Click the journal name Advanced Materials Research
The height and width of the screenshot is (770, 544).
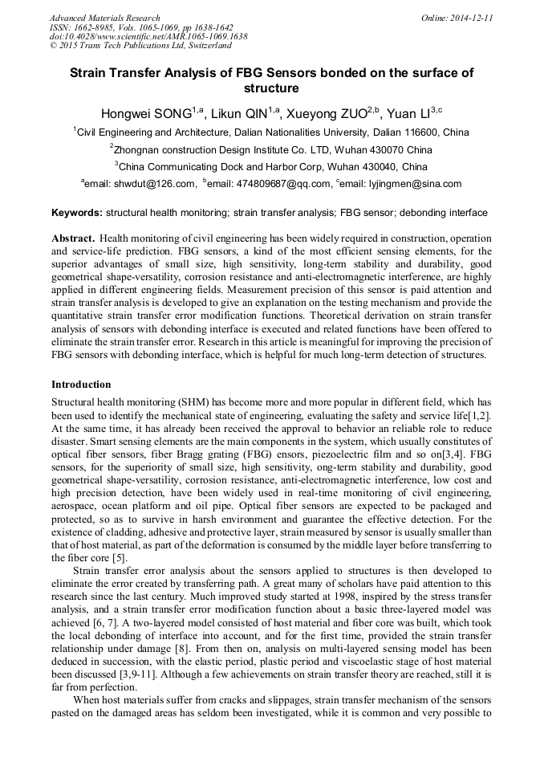tap(104, 18)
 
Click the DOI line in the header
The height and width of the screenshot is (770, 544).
tap(148, 37)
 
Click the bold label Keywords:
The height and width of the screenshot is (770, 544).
tap(76, 213)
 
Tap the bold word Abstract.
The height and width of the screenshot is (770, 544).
tap(74, 239)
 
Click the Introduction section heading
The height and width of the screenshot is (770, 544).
tap(81, 385)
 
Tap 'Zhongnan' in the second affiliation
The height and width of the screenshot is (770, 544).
tap(141, 149)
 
